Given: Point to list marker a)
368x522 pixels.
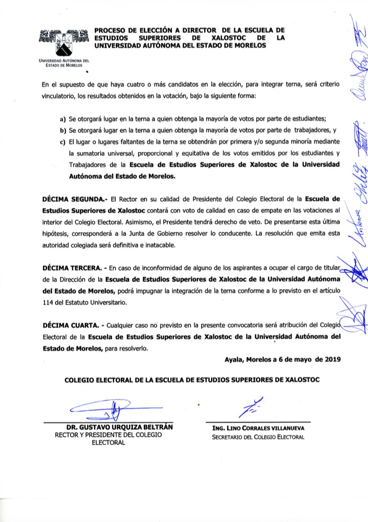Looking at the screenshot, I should click(x=62, y=119).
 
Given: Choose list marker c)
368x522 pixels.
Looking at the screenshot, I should click(x=62, y=142).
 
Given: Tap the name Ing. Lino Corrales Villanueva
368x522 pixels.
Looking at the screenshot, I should click(x=258, y=428).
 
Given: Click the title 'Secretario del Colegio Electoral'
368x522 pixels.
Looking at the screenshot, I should click(x=258, y=437).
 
